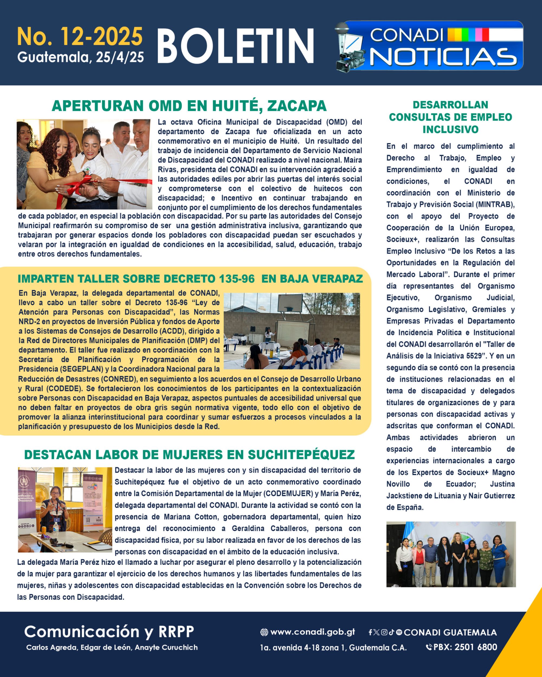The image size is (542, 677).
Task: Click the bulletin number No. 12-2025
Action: point(80,37)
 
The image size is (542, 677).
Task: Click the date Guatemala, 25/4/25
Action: point(80,57)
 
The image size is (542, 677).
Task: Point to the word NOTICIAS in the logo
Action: point(443,57)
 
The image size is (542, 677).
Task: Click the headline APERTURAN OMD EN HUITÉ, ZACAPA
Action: point(189,106)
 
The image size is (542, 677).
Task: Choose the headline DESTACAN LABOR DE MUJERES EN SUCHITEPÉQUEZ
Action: point(189,454)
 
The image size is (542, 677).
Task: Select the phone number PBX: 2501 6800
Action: point(465,647)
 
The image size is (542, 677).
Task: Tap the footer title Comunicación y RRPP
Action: point(109,632)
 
